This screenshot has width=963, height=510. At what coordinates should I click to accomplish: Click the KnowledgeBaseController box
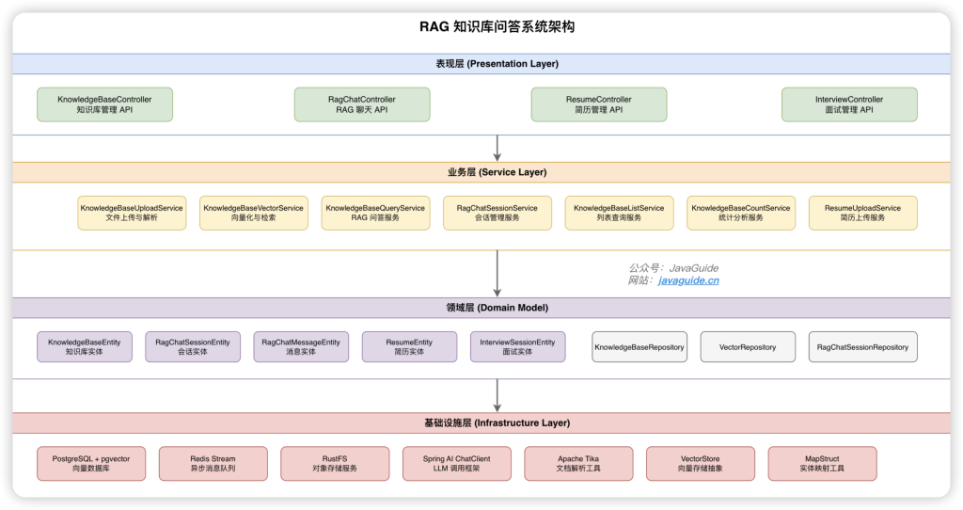104,104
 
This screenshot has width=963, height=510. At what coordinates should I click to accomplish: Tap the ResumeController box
599,104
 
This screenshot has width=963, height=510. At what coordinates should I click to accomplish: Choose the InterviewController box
849,104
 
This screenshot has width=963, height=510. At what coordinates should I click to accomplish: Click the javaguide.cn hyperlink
688,280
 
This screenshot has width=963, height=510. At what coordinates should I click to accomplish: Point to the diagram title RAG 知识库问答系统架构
497,26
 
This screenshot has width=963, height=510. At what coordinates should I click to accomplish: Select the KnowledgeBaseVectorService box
254,213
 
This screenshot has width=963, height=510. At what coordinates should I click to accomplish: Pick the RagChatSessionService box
497,213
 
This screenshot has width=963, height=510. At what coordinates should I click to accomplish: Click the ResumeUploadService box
862,213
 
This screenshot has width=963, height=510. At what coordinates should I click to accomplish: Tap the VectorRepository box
748,347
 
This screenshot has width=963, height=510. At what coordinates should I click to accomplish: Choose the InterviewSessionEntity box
517,347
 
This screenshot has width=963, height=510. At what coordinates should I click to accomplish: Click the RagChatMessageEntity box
301,347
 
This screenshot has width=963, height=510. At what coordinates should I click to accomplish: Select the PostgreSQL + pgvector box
91,463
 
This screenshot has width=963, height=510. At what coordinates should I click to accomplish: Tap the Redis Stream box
213,463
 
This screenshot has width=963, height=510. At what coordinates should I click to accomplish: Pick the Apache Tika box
578,463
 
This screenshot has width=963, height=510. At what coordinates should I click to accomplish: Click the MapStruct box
822,463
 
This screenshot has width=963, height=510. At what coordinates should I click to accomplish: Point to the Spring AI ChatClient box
457,463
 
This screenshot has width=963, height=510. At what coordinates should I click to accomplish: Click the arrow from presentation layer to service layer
497,148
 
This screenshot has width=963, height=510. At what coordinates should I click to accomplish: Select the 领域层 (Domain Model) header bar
497,308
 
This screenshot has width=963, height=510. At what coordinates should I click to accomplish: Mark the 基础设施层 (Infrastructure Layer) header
497,423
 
